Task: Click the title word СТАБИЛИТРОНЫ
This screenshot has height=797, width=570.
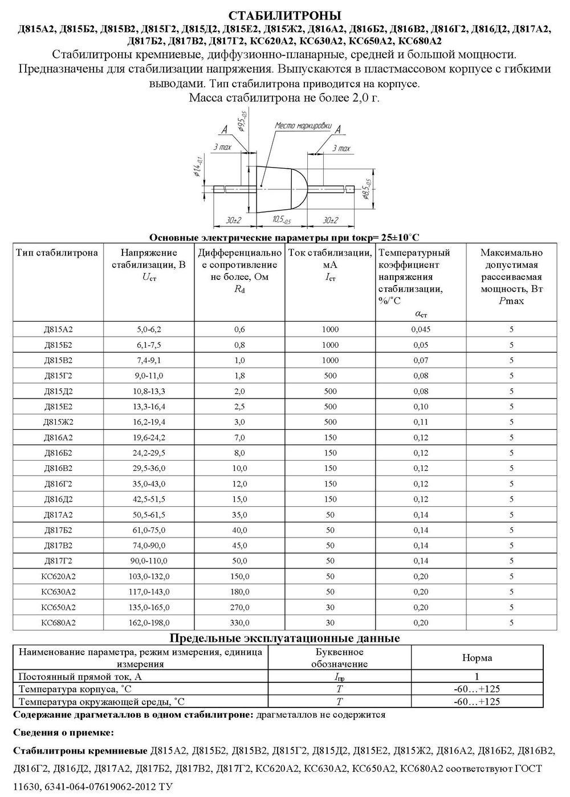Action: pyautogui.click(x=285, y=15)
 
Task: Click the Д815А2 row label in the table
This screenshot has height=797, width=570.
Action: pyautogui.click(x=58, y=330)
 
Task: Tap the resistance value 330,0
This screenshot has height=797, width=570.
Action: pyautogui.click(x=239, y=623)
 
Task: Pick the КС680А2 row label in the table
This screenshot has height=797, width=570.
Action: pyautogui.click(x=58, y=623)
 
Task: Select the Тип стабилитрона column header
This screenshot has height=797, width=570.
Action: pyautogui.click(x=57, y=253)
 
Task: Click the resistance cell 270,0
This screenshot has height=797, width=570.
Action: pyautogui.click(x=239, y=608)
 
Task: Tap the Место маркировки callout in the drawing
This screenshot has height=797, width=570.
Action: pyautogui.click(x=303, y=125)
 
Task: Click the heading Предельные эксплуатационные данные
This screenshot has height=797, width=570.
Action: pyautogui.click(x=285, y=638)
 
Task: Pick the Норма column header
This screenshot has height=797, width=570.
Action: pyautogui.click(x=477, y=658)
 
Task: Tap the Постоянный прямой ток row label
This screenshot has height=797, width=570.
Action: pyautogui.click(x=80, y=677)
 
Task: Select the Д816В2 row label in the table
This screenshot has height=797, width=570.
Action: pyautogui.click(x=58, y=469)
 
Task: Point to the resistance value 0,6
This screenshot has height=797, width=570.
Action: pyautogui.click(x=239, y=330)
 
